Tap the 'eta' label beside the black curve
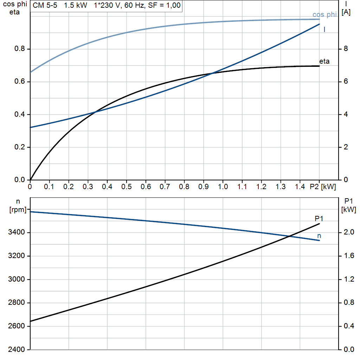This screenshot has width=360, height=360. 324,62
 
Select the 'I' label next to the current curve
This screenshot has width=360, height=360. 324,30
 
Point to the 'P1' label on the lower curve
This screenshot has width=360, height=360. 319,219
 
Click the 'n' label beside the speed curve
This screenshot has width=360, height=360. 319,236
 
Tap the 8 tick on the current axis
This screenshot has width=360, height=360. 346,49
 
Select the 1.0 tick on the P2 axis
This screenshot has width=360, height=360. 223,187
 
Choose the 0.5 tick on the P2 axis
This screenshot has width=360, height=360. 126,187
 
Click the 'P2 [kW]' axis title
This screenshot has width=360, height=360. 323,187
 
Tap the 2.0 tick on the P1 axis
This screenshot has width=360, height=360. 348,233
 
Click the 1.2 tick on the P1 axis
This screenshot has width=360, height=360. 348,279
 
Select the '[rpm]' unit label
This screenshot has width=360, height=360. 18,210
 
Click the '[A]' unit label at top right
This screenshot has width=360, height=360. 346,13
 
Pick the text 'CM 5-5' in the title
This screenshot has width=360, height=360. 45,6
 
